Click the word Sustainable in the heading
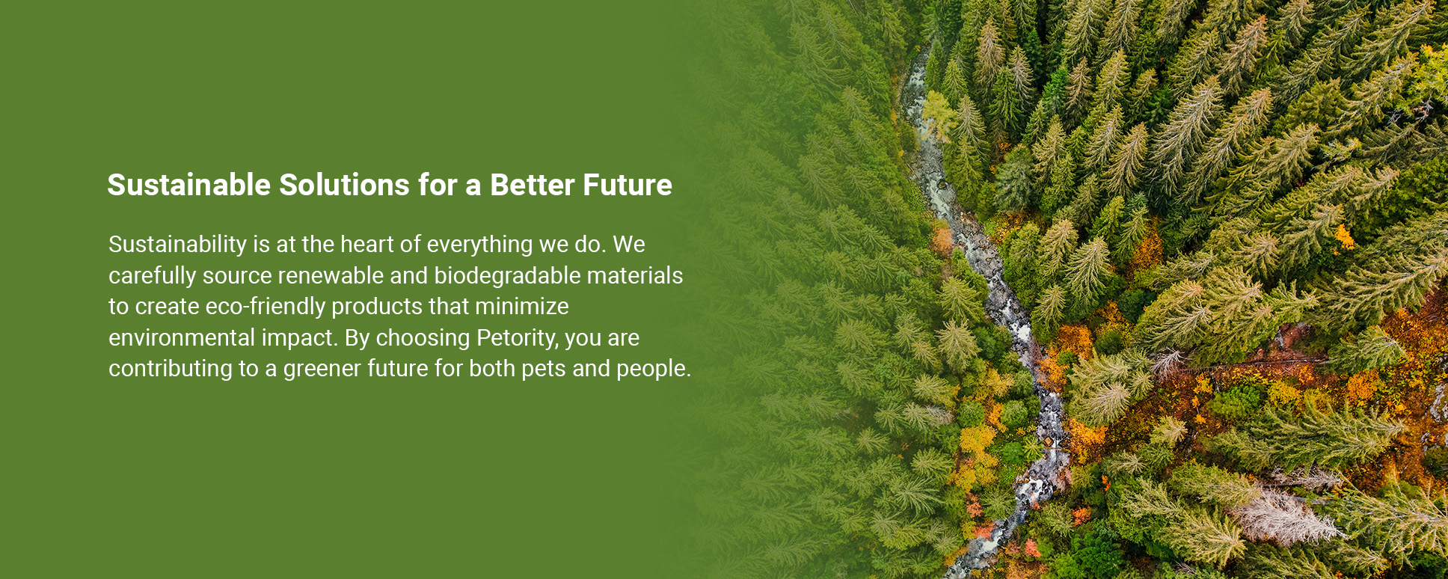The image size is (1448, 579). click(188, 185)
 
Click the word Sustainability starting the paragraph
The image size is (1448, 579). click(177, 245)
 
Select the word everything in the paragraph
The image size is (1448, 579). click(479, 245)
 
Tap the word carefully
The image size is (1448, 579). click(153, 276)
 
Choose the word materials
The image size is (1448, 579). click(635, 275)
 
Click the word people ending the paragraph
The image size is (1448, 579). click(654, 370)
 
